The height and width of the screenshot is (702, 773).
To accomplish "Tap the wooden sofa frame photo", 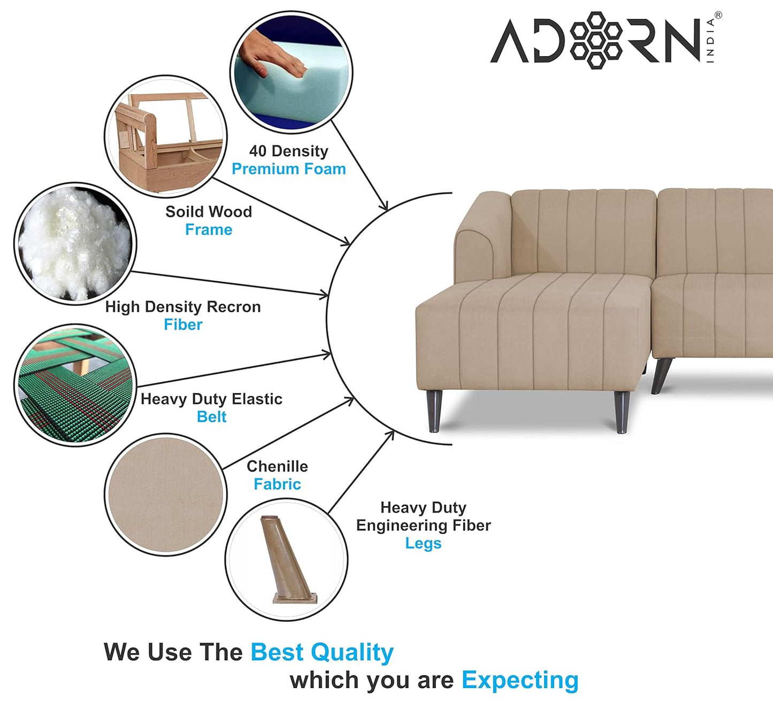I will tap(166, 136).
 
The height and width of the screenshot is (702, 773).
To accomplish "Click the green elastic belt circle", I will tap(75, 385).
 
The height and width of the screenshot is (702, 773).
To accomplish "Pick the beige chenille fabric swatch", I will tap(166, 495).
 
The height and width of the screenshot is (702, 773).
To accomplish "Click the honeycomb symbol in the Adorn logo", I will tap(595, 40).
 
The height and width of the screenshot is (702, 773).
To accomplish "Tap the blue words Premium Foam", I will tap(288, 169).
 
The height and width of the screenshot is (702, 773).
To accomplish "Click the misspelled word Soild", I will tap(183, 212).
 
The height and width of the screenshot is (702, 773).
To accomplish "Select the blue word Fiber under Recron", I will tap(183, 325).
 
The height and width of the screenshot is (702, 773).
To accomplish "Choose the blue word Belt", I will tap(211, 416).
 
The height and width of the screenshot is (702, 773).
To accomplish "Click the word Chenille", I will tap(277, 466).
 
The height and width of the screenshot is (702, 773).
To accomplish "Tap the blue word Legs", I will tap(423, 543).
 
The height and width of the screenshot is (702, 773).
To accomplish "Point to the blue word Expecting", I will tap(520, 680).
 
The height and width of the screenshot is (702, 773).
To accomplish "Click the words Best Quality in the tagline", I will tap(322, 652).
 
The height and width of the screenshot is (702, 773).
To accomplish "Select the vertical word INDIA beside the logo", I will tap(710, 41).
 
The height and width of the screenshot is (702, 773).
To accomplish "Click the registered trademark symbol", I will tap(718, 16).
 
